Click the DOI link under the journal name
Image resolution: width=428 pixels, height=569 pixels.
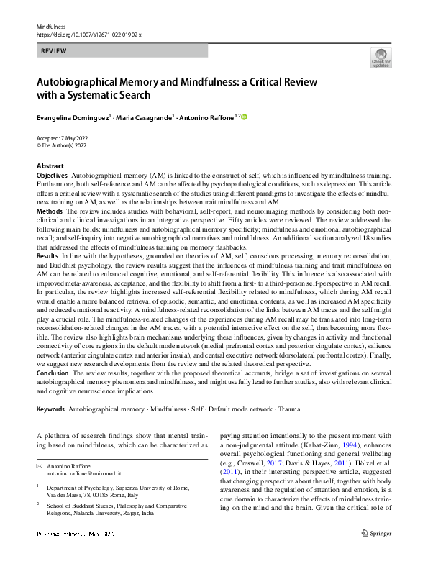[88, 34]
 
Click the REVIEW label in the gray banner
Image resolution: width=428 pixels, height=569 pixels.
[55, 51]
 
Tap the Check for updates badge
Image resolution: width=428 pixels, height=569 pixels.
[381, 58]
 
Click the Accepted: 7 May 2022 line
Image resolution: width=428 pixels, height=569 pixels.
[65, 137]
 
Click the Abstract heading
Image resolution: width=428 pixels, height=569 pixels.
[50, 166]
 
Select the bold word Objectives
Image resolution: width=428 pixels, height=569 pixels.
[52, 176]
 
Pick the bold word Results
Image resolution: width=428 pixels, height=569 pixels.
[47, 256]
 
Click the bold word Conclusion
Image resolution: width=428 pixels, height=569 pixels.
[53, 373]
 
